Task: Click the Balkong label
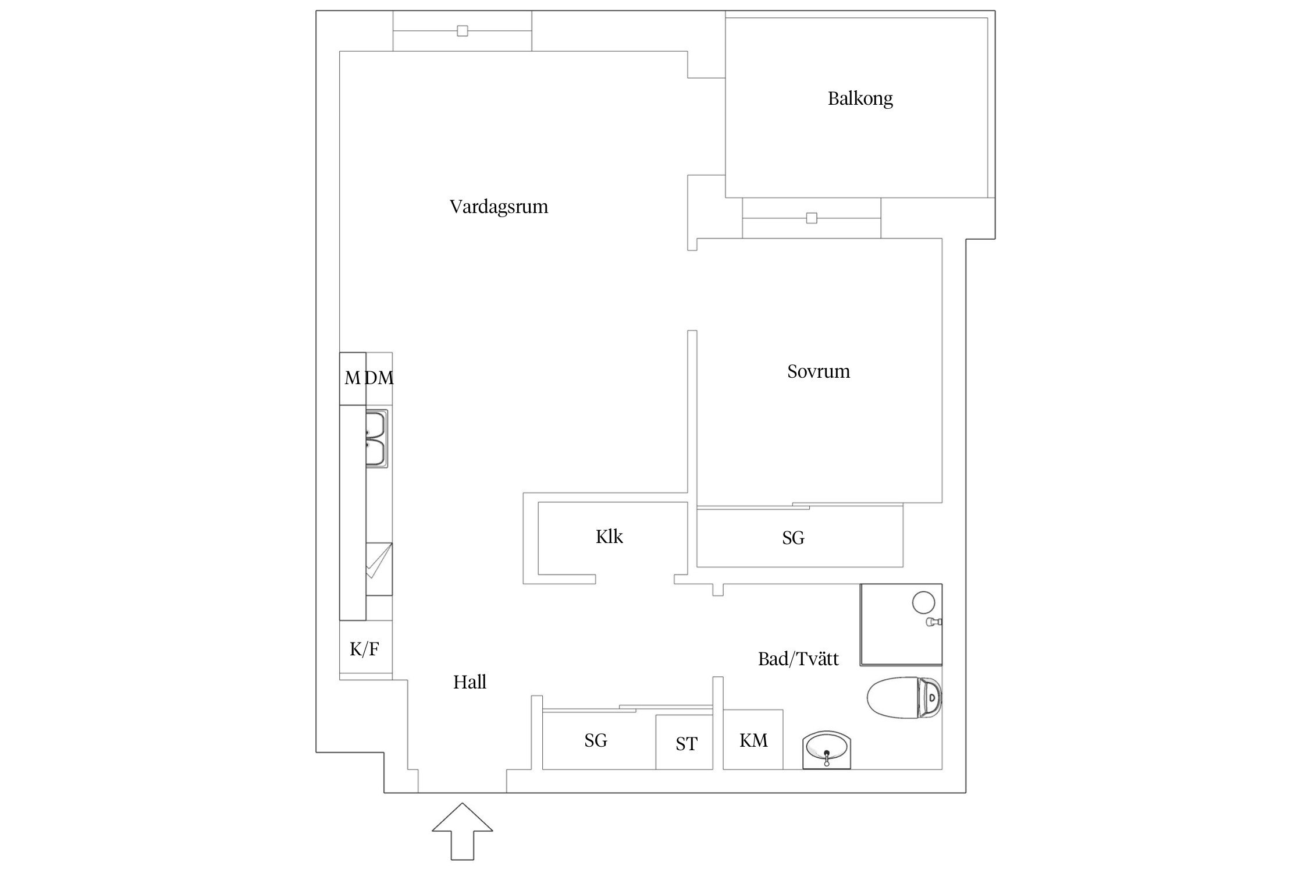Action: (x=860, y=98)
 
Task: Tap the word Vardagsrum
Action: (x=499, y=207)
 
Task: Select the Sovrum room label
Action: (x=818, y=371)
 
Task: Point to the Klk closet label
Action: (x=609, y=537)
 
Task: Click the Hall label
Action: (x=469, y=682)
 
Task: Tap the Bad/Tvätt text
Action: (x=798, y=659)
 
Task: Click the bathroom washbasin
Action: (x=826, y=750)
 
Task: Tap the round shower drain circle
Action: (x=923, y=602)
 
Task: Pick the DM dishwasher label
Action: (x=380, y=378)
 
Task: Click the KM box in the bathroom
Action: (x=753, y=740)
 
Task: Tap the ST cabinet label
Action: (x=686, y=744)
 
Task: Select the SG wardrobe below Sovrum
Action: (x=793, y=538)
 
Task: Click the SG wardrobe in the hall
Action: (x=596, y=740)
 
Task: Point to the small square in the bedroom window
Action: (x=812, y=218)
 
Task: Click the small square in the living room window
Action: (x=462, y=31)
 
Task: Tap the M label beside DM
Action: (x=352, y=378)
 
